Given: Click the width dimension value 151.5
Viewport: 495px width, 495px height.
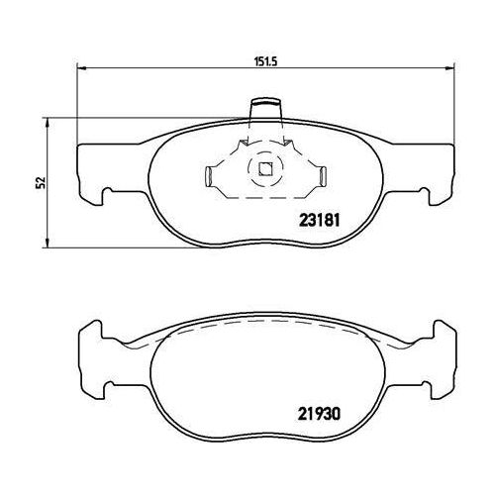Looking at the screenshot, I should point(262,59).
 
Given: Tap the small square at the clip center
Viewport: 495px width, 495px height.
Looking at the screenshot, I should point(264,168).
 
